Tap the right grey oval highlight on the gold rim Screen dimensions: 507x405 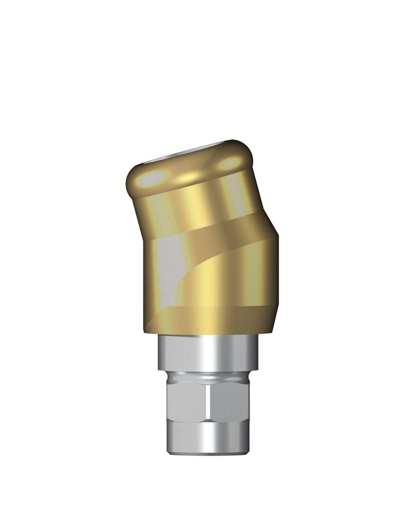tap(229, 162)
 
